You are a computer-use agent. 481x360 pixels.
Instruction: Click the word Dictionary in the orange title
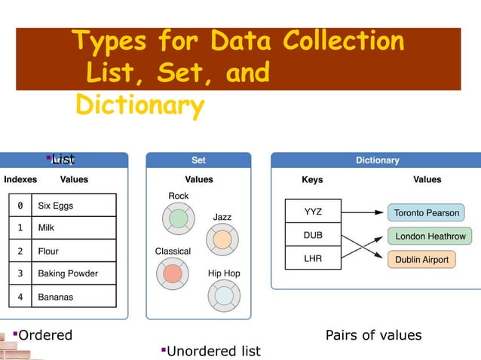139,105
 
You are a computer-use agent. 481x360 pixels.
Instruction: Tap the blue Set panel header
198,160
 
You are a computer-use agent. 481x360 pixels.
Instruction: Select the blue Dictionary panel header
377,160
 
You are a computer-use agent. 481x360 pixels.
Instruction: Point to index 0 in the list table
20,205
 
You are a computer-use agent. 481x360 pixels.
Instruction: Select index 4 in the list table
20,297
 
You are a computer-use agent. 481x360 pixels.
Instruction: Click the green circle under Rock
178,218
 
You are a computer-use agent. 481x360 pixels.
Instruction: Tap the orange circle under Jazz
222,239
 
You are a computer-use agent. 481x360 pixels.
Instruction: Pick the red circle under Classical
173,273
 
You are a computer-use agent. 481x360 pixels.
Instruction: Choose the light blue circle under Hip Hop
224,295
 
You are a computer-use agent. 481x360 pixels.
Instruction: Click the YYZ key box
313,212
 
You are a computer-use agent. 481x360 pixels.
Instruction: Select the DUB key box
313,235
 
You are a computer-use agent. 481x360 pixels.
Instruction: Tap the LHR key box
313,258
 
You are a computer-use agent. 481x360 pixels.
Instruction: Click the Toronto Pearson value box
427,213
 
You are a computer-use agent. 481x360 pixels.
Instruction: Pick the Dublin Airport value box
421,260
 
